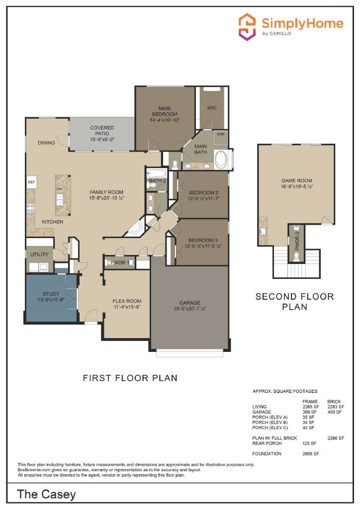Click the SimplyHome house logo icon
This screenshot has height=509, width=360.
click(x=247, y=27)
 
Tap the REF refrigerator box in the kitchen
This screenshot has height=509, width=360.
click(x=31, y=182)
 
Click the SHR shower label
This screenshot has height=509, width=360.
click(x=221, y=134)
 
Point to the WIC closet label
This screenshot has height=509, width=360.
click(x=212, y=108)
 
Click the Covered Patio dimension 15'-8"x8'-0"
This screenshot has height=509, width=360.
click(x=102, y=140)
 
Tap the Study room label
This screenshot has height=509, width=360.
click(x=51, y=294)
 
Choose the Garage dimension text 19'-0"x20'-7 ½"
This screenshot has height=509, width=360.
click(x=190, y=309)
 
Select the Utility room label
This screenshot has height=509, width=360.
click(x=39, y=254)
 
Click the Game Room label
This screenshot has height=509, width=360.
click(x=297, y=181)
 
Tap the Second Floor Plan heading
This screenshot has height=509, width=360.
click(x=295, y=302)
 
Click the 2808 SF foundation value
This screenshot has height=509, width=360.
click(x=311, y=454)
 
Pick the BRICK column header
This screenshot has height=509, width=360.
click(x=334, y=402)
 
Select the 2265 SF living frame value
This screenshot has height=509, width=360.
click(x=311, y=407)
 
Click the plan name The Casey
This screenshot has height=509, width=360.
click(x=46, y=495)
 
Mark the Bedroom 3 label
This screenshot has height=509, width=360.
click(x=203, y=240)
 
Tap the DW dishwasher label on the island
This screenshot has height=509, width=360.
click(x=59, y=189)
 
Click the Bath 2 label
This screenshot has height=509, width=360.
click(x=158, y=180)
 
